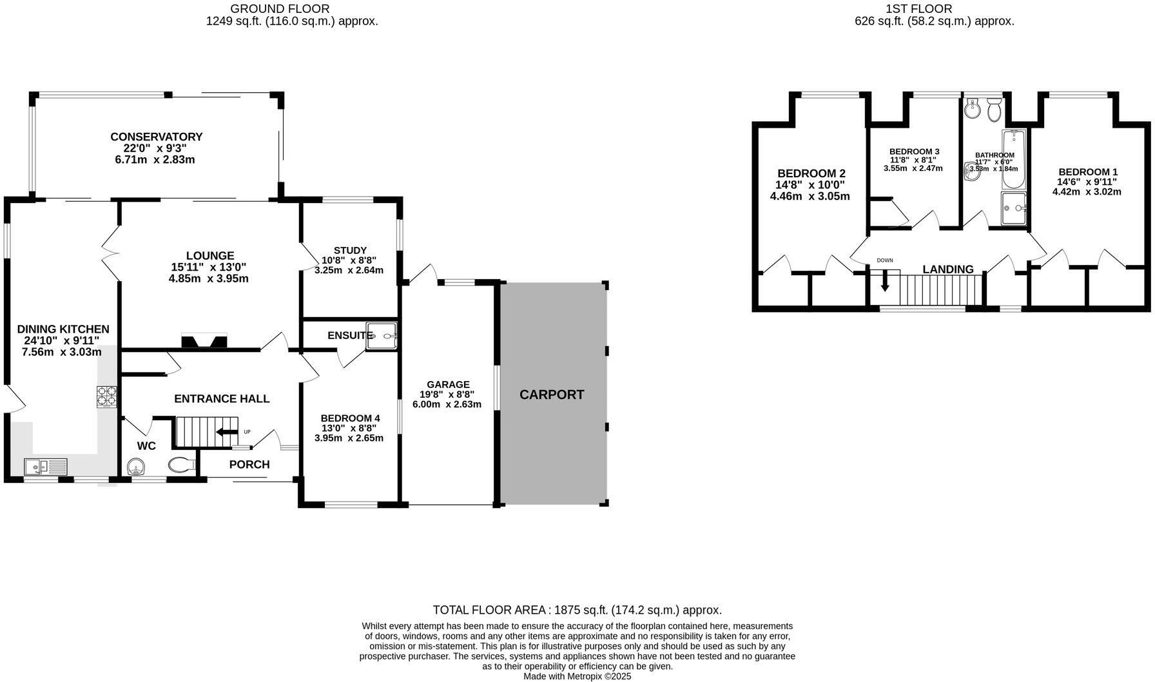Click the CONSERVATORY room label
click(x=156, y=137)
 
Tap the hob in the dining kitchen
click(x=107, y=396)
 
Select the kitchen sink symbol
click(x=46, y=466)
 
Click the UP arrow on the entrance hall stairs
click(x=228, y=432)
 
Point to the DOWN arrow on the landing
click(x=885, y=279)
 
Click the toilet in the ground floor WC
click(x=181, y=465)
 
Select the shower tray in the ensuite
click(x=382, y=336)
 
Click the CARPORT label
click(x=552, y=395)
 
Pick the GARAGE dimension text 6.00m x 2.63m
click(x=447, y=404)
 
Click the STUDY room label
click(x=350, y=250)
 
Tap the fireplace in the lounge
click(x=204, y=341)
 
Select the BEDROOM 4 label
click(x=350, y=418)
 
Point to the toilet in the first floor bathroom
click(x=993, y=112)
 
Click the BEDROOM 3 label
click(x=914, y=151)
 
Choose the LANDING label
click(x=947, y=269)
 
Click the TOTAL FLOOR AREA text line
click(x=577, y=610)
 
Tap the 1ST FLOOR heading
click(x=927, y=8)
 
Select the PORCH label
click(x=249, y=464)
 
